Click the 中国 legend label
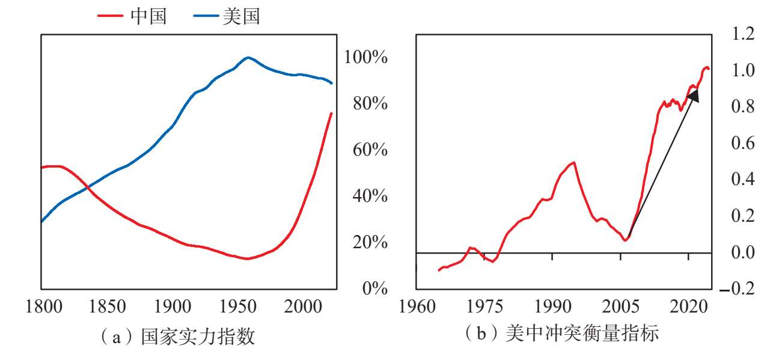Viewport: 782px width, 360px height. click(x=148, y=16)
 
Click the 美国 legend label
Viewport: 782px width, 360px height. click(x=241, y=16)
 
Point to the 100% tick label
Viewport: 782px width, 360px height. click(x=365, y=56)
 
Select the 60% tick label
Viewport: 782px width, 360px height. click(x=370, y=150)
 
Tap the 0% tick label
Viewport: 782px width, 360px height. click(x=375, y=288)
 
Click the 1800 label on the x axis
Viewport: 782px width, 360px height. click(x=44, y=307)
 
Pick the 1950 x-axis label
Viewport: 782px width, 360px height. click(x=238, y=307)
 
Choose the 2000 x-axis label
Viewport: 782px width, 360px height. click(x=303, y=307)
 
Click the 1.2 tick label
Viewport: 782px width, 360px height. click(x=743, y=34)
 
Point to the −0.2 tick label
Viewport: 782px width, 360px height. click(x=737, y=288)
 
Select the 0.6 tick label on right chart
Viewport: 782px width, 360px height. click(x=743, y=143)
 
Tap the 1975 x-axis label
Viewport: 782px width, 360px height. click(x=484, y=307)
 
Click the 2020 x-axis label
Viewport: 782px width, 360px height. click(x=688, y=307)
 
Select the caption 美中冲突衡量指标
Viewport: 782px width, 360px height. click(x=582, y=333)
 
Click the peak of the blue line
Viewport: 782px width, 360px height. click(x=248, y=58)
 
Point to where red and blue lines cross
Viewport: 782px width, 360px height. click(x=87, y=188)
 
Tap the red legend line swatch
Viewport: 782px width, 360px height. click(x=111, y=16)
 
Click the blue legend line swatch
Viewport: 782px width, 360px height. click(x=206, y=16)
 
